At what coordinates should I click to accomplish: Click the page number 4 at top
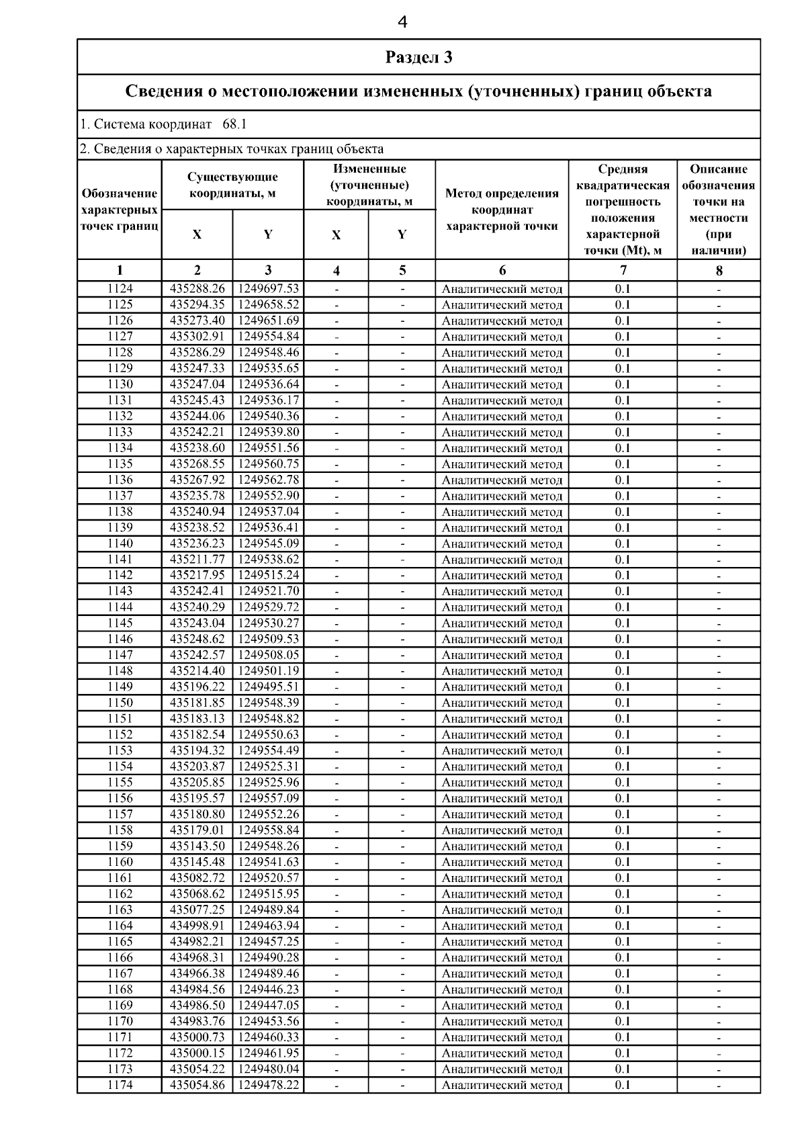tap(402, 23)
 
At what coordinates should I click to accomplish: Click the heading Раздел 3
tap(418, 57)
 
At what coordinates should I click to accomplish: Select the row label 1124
tap(120, 289)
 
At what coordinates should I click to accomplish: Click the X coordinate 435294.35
tap(197, 305)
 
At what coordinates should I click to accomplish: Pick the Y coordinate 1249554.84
tap(269, 337)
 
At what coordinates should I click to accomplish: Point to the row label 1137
tap(120, 496)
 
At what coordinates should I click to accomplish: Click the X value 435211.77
tap(197, 560)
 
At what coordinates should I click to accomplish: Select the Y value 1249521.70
tap(269, 591)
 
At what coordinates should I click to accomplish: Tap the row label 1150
tap(120, 703)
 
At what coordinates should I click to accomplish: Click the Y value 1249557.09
tap(269, 798)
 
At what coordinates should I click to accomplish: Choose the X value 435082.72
tap(197, 878)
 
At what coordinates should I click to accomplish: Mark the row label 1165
tap(120, 942)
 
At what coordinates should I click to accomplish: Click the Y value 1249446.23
tap(269, 990)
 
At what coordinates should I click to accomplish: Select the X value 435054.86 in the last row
tap(197, 1085)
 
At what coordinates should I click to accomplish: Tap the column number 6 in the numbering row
tap(502, 271)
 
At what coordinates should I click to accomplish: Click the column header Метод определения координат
tap(502, 210)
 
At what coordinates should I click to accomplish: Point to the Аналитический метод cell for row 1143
tap(502, 591)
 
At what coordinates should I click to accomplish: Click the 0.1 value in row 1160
tap(623, 862)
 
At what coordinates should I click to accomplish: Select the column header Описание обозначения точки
tap(719, 210)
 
